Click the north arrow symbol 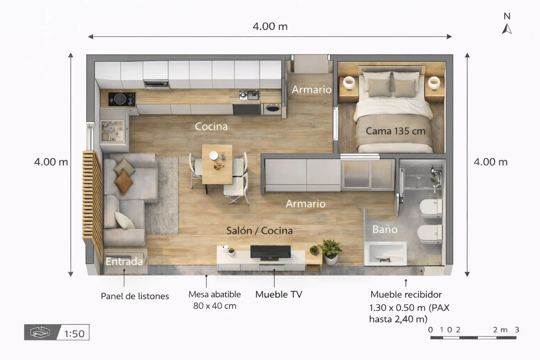point(507,29)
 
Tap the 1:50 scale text point(74,334)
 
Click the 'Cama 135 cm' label point(395,131)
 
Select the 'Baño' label point(385,229)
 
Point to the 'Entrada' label point(124,261)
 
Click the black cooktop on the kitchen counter point(122,99)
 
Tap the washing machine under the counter point(273,109)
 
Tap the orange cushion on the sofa point(124,181)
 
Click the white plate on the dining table point(213,155)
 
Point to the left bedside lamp point(348,83)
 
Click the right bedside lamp point(434,83)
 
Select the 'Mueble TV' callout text point(279,294)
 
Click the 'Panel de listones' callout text point(135,296)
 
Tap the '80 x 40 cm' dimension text point(215,306)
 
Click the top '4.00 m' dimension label point(270,26)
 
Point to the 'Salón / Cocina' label point(260,230)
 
